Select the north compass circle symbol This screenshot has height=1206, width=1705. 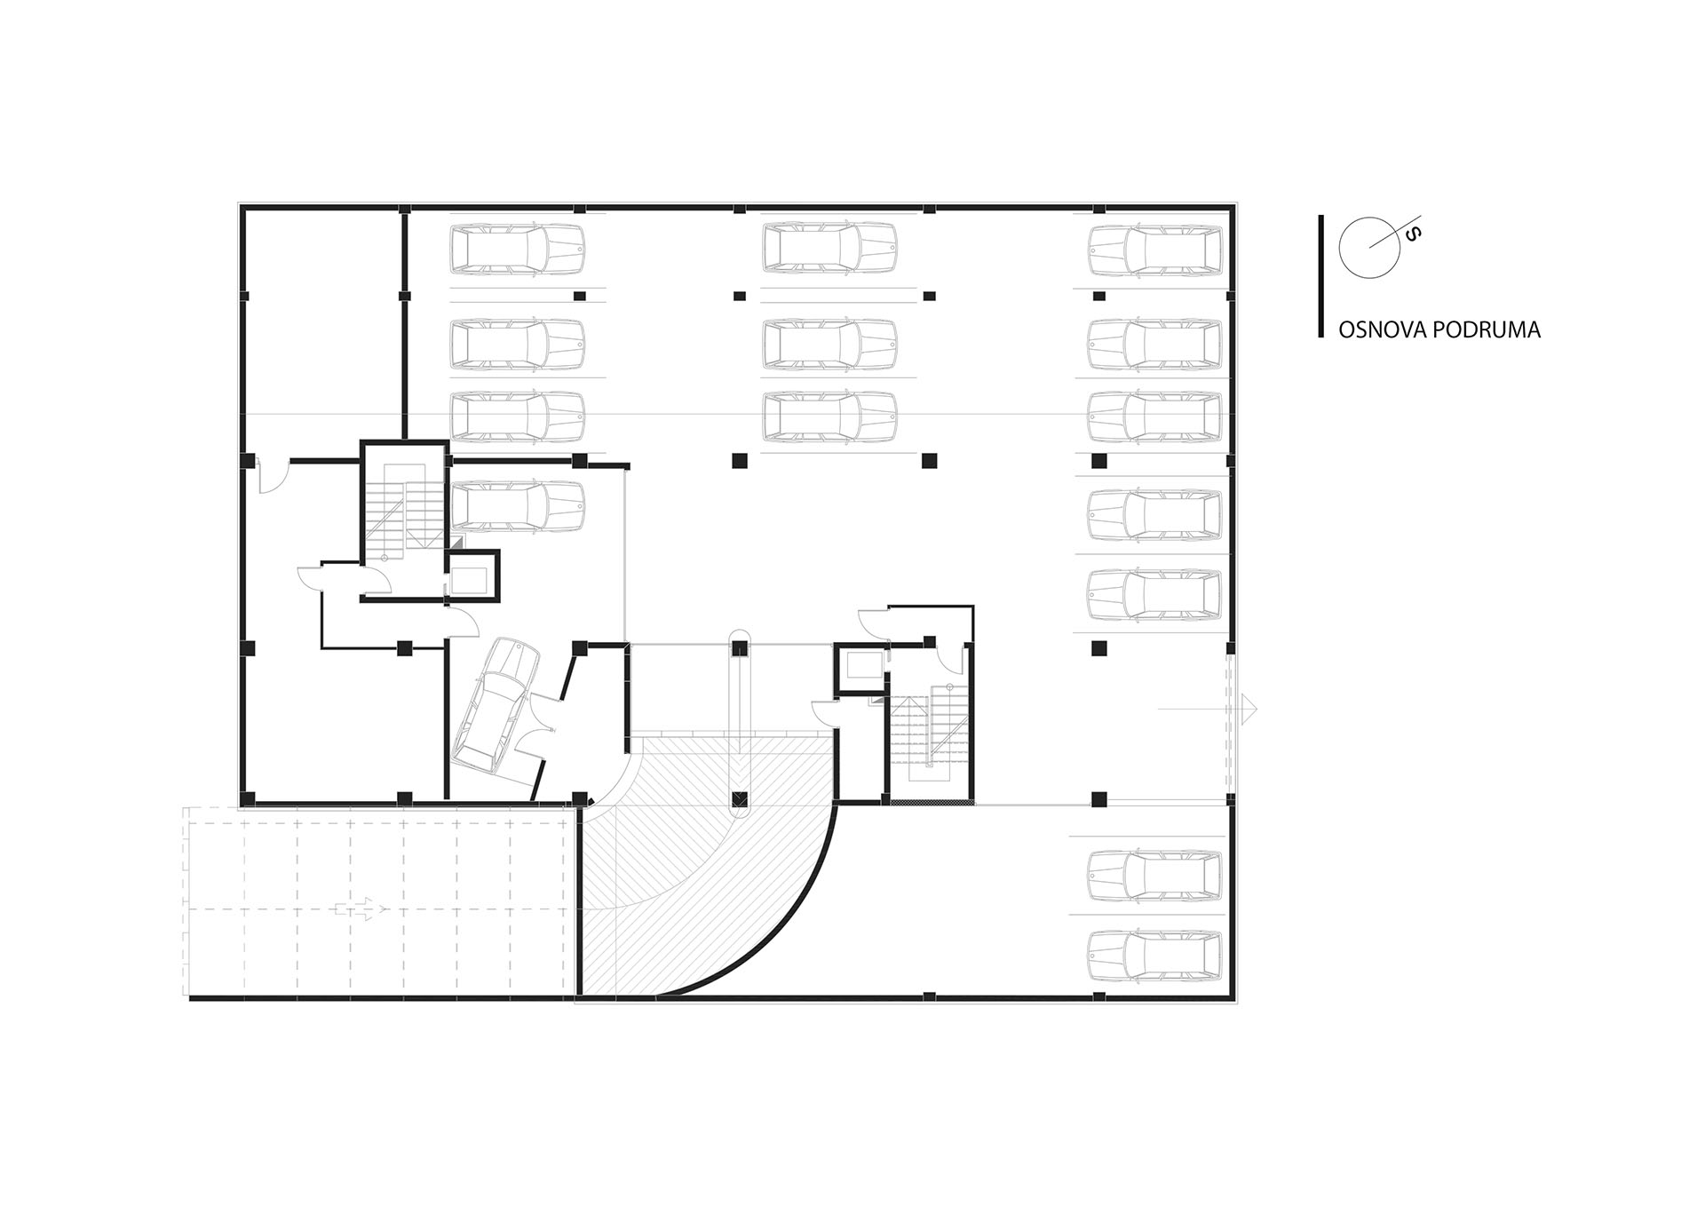tap(1369, 246)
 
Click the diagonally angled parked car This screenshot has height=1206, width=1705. tap(495, 705)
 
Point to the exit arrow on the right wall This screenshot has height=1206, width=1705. tap(1208, 708)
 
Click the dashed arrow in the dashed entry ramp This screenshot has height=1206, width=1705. tap(360, 908)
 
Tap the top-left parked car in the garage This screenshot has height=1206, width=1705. tap(518, 248)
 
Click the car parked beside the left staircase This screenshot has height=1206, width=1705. tap(518, 506)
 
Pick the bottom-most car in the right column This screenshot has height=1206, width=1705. tap(1154, 956)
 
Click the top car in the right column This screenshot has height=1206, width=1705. tap(1154, 250)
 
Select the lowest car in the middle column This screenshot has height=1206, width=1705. tap(829, 417)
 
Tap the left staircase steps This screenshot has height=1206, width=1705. tap(404, 511)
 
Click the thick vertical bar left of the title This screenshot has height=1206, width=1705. tap(1321, 276)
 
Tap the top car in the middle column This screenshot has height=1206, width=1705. tap(829, 248)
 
